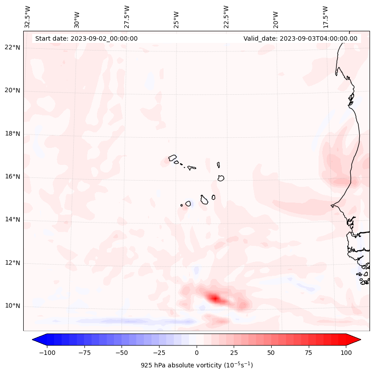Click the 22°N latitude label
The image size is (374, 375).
[13, 48]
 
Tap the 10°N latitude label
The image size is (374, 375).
[13, 306]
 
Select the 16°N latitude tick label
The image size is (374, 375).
[13, 177]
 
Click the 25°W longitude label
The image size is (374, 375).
[176, 17]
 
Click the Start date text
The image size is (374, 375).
[86, 38]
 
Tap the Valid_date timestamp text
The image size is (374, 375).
[300, 38]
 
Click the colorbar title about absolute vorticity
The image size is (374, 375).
[197, 365]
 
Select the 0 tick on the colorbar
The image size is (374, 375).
[197, 353]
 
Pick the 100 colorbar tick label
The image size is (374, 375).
[346, 353]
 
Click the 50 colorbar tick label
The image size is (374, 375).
[271, 353]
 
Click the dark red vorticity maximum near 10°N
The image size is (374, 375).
[215, 298]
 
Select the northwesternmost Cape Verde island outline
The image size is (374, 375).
[172, 158]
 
